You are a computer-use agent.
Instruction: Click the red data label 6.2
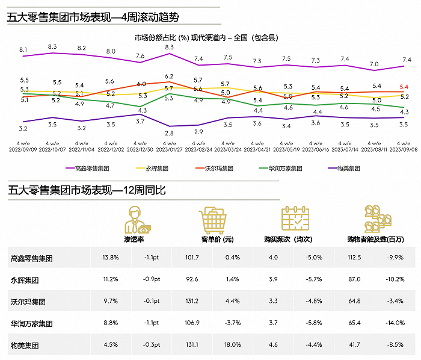pos(169,76)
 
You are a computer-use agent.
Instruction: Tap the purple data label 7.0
pos(374,64)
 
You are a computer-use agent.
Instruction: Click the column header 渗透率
pos(134,239)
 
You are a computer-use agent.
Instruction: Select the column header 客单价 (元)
pos(215,239)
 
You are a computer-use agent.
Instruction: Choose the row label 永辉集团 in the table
pos(25,280)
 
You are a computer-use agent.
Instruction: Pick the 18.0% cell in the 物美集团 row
pos(232,345)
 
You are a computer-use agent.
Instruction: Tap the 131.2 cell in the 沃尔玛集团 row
pos(192,302)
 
